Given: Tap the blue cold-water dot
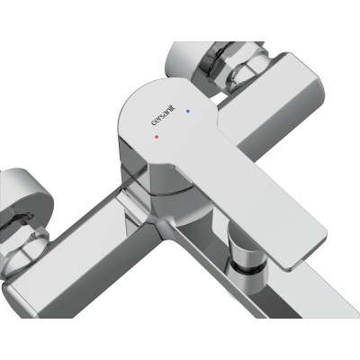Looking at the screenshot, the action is [188, 111].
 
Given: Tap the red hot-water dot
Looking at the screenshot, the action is [157, 137].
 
